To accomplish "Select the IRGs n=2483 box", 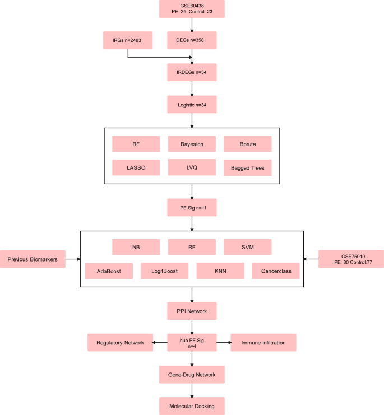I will click(x=128, y=40).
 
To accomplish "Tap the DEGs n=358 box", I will click(x=192, y=40).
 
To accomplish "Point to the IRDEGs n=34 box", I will click(x=192, y=72).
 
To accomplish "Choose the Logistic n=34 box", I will click(x=192, y=104).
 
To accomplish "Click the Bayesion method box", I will click(x=192, y=144).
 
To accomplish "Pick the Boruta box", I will click(x=248, y=144).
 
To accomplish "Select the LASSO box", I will click(x=136, y=167).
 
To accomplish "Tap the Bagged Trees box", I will click(x=248, y=167).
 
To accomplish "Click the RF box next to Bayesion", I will click(x=136, y=144).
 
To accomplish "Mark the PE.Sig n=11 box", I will click(x=192, y=207).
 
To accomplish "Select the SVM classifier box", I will click(x=248, y=247).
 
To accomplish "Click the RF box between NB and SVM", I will click(x=192, y=247).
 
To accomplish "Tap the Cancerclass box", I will click(x=276, y=271).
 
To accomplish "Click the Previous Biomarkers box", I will click(x=33, y=259).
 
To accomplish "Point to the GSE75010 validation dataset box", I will click(x=351, y=259).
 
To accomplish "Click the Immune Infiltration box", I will click(x=263, y=342).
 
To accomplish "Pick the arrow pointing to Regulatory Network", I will click(x=160, y=342).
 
